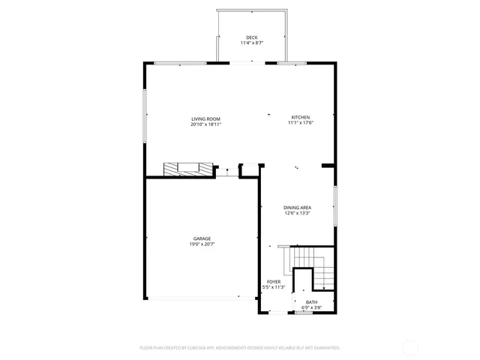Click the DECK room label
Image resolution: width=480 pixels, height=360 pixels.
click(x=250, y=37)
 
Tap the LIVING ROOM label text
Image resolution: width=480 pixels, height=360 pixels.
click(x=205, y=118)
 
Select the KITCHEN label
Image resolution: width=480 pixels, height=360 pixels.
click(x=301, y=118)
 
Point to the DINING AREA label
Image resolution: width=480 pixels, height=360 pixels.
click(x=297, y=208)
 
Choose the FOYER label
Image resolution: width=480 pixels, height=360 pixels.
click(x=274, y=281)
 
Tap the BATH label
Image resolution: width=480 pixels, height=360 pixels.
click(x=310, y=302)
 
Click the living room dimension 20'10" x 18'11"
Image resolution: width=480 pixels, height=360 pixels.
click(x=205, y=124)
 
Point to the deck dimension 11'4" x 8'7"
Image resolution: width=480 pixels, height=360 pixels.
click(x=250, y=43)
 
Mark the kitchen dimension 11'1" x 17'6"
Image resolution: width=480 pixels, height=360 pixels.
click(x=301, y=124)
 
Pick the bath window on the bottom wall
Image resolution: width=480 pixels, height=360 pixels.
click(x=302, y=313)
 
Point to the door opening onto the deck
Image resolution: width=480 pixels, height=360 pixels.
click(x=242, y=63)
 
